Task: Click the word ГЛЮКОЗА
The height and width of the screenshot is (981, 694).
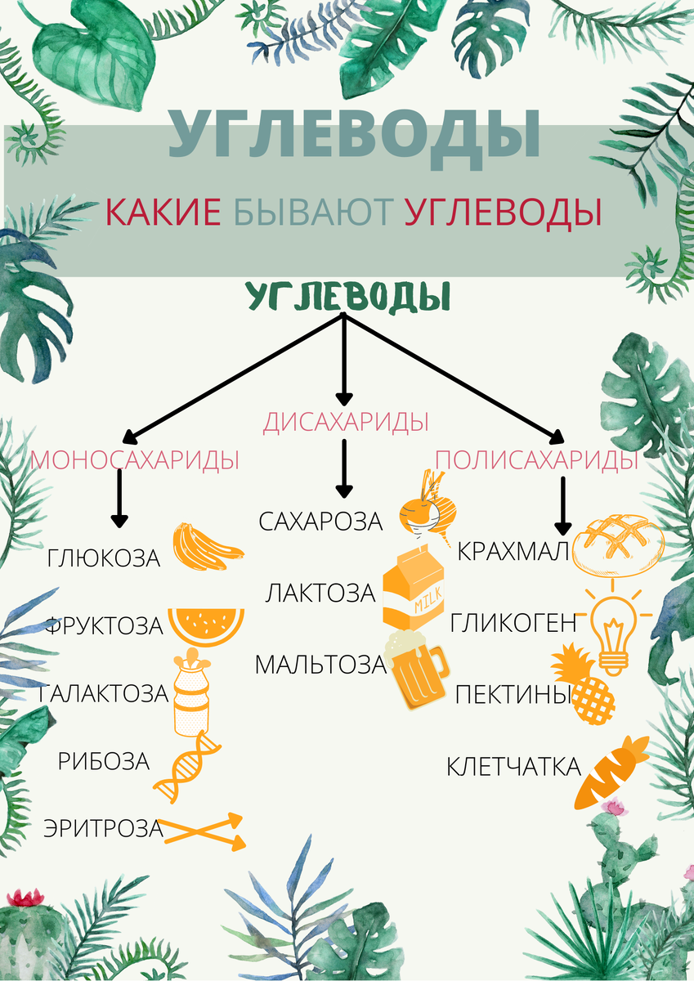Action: pos(103,559)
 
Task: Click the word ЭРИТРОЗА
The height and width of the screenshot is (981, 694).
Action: pos(103,828)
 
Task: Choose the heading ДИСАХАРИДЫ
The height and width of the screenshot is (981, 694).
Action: pos(346,423)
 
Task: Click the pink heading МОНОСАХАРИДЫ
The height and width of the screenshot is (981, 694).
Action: pos(135,460)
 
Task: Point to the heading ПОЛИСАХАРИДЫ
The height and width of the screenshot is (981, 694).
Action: pos(536,460)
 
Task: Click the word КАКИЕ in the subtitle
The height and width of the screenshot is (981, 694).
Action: pos(163,213)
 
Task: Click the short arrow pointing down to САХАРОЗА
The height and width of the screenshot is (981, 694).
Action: pos(344,468)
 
